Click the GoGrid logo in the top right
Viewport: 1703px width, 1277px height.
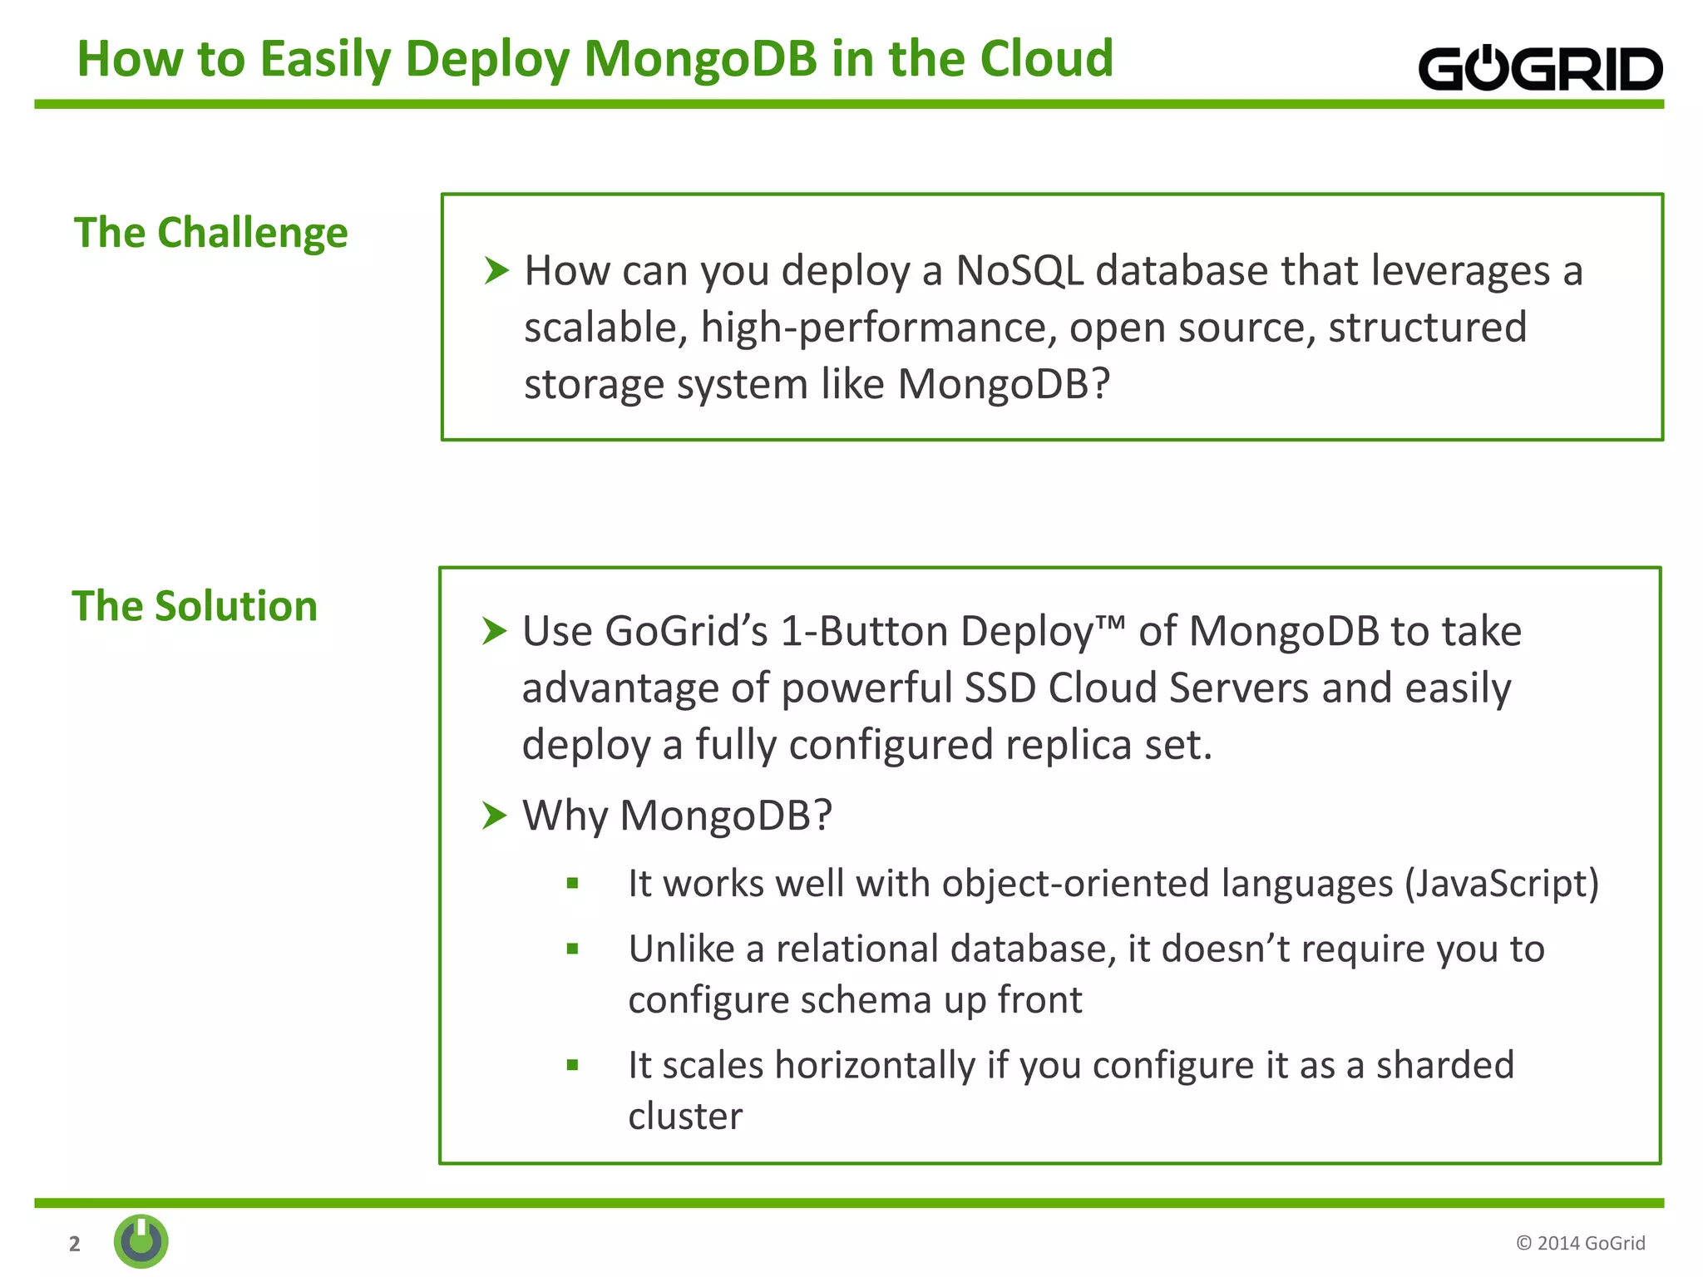pos(1539,68)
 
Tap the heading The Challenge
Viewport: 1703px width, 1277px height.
pos(210,233)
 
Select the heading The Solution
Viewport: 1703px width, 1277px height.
pos(195,606)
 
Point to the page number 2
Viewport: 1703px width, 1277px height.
pos(75,1243)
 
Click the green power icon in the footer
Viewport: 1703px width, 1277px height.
pos(141,1241)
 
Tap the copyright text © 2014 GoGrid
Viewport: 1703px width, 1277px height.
pos(1580,1243)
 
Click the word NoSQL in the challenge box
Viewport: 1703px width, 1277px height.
pos(1019,271)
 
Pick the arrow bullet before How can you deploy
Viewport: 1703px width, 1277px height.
pos(496,270)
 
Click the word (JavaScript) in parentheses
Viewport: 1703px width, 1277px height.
pos(1501,884)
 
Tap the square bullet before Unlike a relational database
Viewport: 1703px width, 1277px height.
pos(572,949)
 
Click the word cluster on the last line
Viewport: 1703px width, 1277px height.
pos(685,1117)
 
